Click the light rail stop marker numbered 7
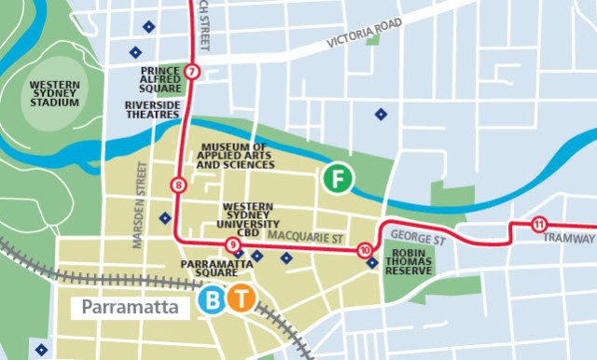point(192,72)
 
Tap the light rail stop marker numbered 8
point(177,186)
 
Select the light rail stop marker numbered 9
point(232,245)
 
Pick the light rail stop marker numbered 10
point(364,250)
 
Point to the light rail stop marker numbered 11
point(538,224)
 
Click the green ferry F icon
point(337,178)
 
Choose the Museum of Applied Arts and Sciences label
point(235,156)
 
